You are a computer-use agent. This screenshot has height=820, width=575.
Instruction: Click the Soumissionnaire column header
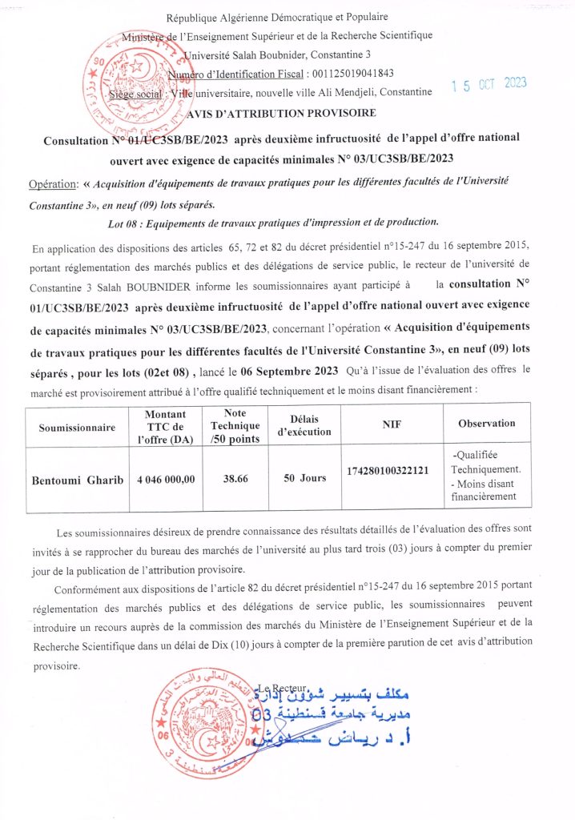pyautogui.click(x=78, y=428)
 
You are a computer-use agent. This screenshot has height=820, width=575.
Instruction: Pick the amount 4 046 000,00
pyautogui.click(x=166, y=479)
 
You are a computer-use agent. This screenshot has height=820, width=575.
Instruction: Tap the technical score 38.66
pyautogui.click(x=234, y=478)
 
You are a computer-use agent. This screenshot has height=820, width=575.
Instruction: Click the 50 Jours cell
pyautogui.click(x=304, y=478)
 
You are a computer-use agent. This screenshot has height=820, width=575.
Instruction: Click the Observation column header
pyautogui.click(x=486, y=423)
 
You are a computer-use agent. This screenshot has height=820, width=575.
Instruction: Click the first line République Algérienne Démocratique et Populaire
pyautogui.click(x=288, y=18)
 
